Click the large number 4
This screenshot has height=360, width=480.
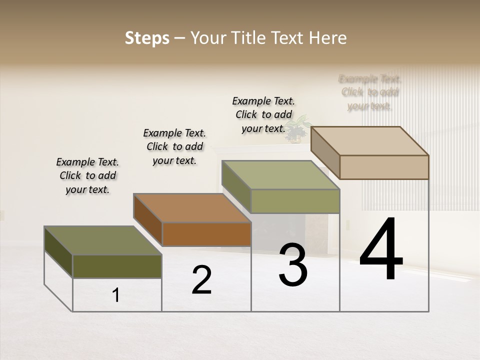click(381, 250)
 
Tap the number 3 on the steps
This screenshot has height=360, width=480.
click(293, 265)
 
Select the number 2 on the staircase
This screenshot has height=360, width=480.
click(201, 280)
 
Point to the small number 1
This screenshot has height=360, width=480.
click(116, 295)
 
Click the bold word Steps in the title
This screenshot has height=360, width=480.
click(147, 38)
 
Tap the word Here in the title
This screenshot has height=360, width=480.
click(328, 38)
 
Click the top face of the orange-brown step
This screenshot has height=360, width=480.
click(192, 207)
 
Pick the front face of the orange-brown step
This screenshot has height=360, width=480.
click(206, 234)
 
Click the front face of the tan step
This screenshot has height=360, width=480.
click(384, 167)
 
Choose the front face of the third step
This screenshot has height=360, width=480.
click(295, 201)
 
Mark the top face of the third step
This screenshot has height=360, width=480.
click(280, 174)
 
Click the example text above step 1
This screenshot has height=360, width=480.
click(87, 175)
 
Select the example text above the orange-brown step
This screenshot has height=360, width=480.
click(174, 146)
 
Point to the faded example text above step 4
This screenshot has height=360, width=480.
click(370, 92)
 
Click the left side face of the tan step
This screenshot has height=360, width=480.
click(325, 152)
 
